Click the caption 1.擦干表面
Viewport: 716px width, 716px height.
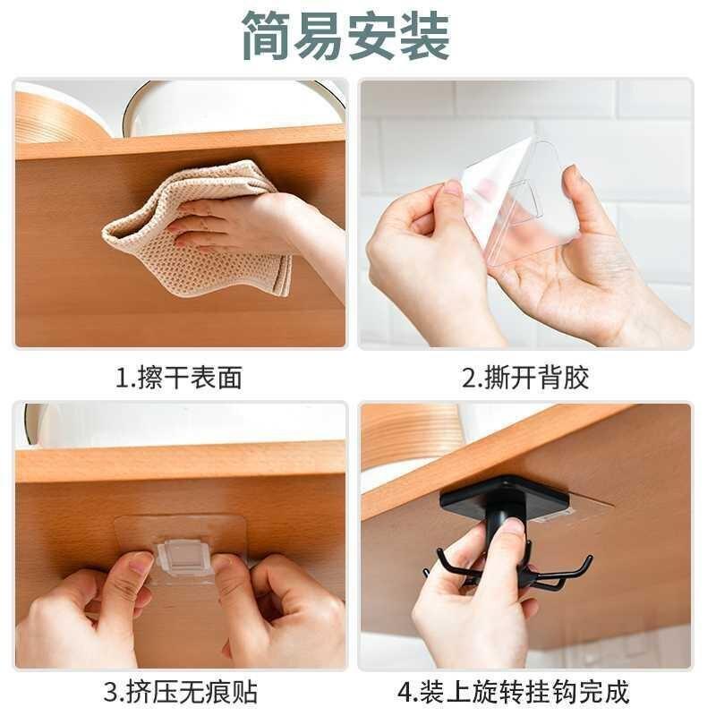[x=179, y=378]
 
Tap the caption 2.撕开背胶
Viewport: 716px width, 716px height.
[x=525, y=378]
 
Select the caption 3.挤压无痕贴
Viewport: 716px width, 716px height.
[x=179, y=692]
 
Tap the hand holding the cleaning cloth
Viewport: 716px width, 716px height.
[x=242, y=224]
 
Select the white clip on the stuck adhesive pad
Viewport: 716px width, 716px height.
[x=184, y=557]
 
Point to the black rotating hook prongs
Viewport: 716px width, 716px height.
[x=510, y=573]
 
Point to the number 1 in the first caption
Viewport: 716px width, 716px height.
[x=124, y=378]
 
